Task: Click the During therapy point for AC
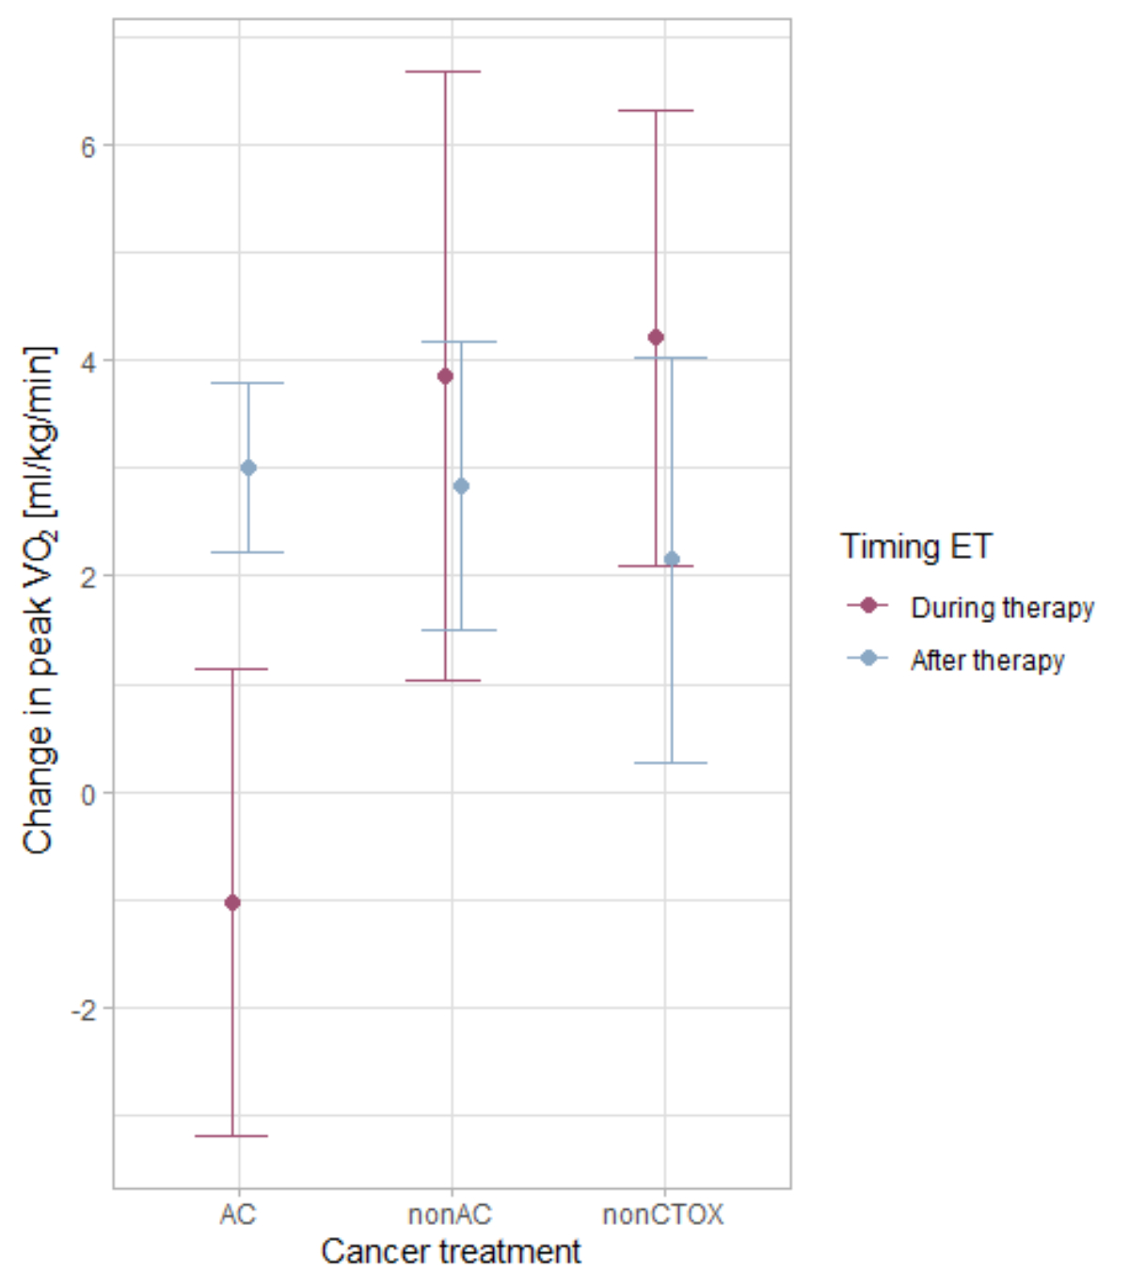[x=232, y=903]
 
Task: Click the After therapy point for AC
[x=248, y=468]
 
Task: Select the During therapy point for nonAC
[x=445, y=376]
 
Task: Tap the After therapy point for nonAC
[x=461, y=486]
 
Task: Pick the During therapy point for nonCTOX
[x=656, y=338]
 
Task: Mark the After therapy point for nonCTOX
[x=672, y=560]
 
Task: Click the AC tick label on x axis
[x=238, y=1215]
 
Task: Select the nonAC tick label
[x=451, y=1215]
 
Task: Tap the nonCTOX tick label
[x=663, y=1215]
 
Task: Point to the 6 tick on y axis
[x=89, y=146]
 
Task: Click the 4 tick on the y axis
[x=89, y=361]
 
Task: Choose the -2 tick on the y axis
[x=85, y=1010]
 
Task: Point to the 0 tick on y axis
[x=89, y=794]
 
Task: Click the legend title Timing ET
[x=916, y=547]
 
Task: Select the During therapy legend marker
[x=868, y=606]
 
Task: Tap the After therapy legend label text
[x=988, y=660]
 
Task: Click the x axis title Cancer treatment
[x=451, y=1252]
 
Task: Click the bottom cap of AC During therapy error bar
[x=231, y=1137]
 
